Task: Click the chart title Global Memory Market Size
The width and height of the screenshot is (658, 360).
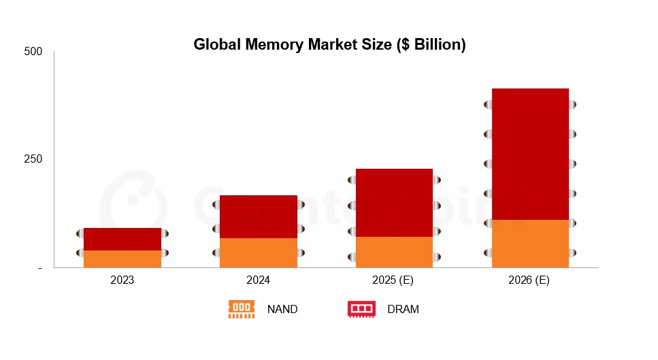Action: click(x=329, y=45)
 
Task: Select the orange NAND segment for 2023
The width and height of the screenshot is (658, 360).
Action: click(x=122, y=259)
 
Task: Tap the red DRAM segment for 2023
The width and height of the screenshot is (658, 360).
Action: click(x=122, y=239)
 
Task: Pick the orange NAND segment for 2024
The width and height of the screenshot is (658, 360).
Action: click(x=259, y=252)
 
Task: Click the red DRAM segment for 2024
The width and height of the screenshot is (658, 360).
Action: click(x=259, y=216)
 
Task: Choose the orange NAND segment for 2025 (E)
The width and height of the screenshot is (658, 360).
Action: click(x=395, y=252)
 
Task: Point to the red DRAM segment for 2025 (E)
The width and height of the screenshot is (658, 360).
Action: click(x=395, y=202)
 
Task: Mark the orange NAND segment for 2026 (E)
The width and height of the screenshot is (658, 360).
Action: click(x=530, y=243)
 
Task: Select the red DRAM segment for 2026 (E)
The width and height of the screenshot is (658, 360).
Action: click(x=530, y=154)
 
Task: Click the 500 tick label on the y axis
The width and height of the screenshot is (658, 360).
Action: click(x=33, y=52)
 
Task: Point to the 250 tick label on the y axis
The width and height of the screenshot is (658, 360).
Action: click(x=33, y=159)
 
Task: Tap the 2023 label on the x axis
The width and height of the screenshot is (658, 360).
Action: click(x=122, y=280)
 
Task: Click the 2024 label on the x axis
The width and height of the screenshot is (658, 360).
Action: click(x=259, y=280)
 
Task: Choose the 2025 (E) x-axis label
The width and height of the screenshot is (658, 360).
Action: click(x=395, y=280)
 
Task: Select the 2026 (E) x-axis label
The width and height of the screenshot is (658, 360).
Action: click(x=530, y=280)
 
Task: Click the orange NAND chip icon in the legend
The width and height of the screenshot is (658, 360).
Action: click(x=242, y=309)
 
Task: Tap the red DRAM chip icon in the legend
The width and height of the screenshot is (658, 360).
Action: click(x=361, y=309)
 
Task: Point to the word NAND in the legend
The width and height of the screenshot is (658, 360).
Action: click(x=282, y=309)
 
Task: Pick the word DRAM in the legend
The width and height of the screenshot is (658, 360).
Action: click(x=403, y=309)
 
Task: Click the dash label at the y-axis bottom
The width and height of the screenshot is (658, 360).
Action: click(x=39, y=268)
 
